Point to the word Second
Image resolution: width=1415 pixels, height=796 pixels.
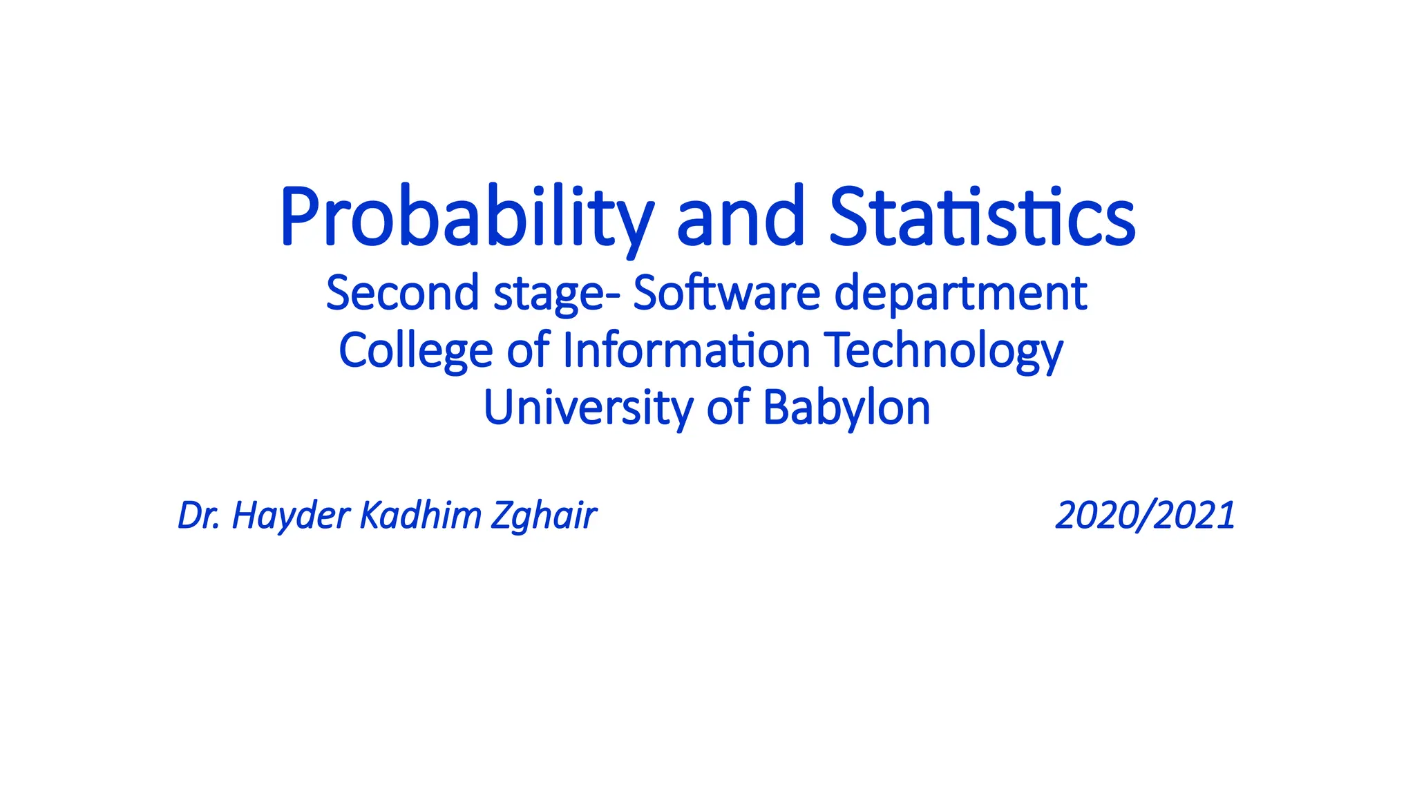(403, 293)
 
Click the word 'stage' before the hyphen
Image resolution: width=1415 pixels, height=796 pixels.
(549, 294)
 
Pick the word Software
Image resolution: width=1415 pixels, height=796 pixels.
(726, 293)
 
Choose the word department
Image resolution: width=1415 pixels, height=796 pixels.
(960, 294)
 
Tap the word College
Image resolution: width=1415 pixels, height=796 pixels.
(415, 351)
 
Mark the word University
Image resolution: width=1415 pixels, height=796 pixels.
(588, 408)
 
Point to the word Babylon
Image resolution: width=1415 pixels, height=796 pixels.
(846, 408)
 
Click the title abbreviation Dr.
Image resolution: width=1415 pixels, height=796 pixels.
(199, 515)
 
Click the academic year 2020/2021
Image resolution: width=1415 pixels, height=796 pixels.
(1145, 515)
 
